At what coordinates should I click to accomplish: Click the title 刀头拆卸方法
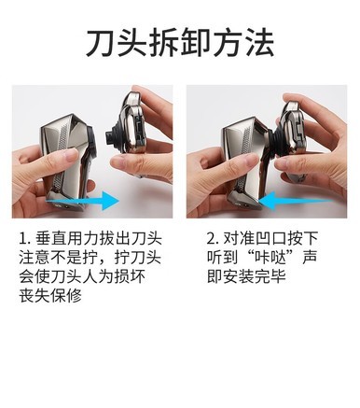coord(180,43)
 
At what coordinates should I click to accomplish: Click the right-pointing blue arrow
coord(82,201)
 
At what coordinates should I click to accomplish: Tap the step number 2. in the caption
coord(214,239)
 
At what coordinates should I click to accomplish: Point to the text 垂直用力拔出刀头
coord(99,239)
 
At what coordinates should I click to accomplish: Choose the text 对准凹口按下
coord(270,239)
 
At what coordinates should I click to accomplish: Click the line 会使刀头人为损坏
coord(82,276)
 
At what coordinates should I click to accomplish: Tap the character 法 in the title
coord(260,43)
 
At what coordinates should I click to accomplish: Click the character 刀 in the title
coord(100,43)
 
